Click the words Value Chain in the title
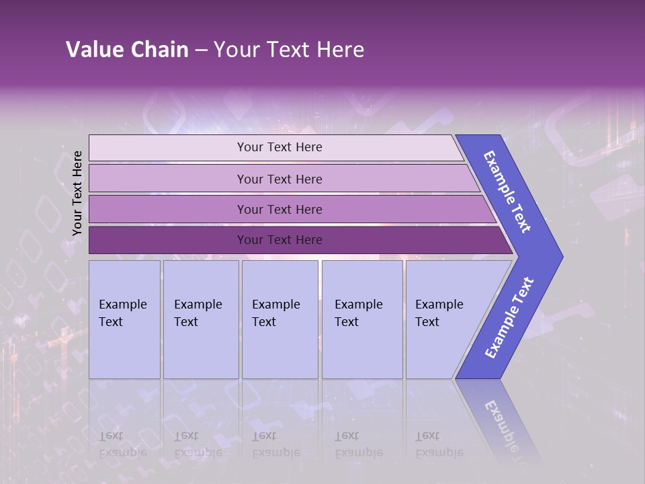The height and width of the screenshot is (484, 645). pyautogui.click(x=127, y=50)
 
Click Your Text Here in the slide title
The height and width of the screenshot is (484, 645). pyautogui.click(x=289, y=50)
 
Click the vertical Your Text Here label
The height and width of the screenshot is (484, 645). pyautogui.click(x=77, y=193)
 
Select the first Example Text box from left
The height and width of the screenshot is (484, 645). pyautogui.click(x=124, y=319)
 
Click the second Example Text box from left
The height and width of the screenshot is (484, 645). pyautogui.click(x=201, y=319)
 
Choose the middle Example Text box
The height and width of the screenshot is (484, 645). pyautogui.click(x=279, y=319)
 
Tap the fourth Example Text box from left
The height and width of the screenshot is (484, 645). pyautogui.click(x=362, y=319)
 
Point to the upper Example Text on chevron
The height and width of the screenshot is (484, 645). pyautogui.click(x=507, y=192)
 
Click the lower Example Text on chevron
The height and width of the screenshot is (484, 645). pyautogui.click(x=509, y=318)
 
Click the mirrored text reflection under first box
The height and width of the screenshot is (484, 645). pyautogui.click(x=122, y=444)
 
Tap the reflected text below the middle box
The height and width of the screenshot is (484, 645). pyautogui.click(x=275, y=444)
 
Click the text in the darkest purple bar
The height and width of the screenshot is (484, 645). pyautogui.click(x=279, y=240)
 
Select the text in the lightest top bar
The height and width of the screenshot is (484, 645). pyautogui.click(x=279, y=147)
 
